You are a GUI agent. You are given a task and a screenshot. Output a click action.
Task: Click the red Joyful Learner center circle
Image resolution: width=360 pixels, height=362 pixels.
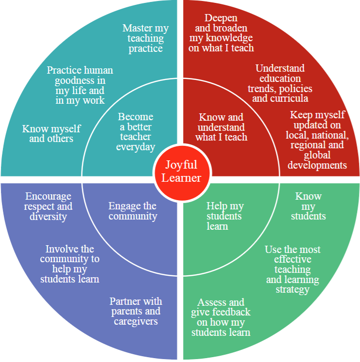tap(181, 171)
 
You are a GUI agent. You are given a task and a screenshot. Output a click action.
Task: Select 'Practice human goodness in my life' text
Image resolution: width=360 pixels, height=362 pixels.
tap(76, 85)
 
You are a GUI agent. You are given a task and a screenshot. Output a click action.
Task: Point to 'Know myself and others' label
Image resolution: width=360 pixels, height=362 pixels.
tap(51, 133)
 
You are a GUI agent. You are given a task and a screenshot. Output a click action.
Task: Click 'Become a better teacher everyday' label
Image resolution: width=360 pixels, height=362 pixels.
tap(136, 132)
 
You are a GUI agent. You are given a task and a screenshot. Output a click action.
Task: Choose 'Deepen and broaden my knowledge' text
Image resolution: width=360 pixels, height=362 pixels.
tap(221, 33)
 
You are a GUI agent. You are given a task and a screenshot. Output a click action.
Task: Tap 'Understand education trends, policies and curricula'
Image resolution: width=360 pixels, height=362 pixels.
tap(280, 83)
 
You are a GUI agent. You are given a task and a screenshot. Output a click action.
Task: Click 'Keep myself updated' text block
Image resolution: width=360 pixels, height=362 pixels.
tap(317, 140)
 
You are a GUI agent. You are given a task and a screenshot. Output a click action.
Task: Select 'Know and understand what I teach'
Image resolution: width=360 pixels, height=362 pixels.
tap(221, 127)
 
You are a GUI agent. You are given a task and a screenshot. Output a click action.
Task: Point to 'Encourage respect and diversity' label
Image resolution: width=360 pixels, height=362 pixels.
tap(48, 206)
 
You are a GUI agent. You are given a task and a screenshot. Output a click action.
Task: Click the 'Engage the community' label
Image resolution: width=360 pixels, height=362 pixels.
tap(132, 211)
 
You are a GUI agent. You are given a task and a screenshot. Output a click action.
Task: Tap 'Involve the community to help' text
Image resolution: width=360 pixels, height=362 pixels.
tap(70, 264)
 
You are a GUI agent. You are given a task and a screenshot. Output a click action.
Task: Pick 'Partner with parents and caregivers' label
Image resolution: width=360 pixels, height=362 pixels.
tap(136, 311)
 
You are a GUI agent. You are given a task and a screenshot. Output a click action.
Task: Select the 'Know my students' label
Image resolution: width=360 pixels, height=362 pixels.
tap(308, 206)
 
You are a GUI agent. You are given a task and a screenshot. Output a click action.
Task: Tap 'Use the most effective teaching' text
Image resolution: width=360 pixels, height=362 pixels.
tap(293, 269)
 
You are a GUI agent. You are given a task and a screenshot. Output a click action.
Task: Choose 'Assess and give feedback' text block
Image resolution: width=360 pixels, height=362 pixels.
tap(221, 317)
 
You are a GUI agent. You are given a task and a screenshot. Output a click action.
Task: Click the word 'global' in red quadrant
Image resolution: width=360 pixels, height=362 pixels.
tap(317, 155)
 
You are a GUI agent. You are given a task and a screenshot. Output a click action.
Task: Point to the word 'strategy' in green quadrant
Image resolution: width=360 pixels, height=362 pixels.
tap(293, 289)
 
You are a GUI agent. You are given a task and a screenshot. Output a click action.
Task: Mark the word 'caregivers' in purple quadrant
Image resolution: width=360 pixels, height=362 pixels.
tap(136, 321)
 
